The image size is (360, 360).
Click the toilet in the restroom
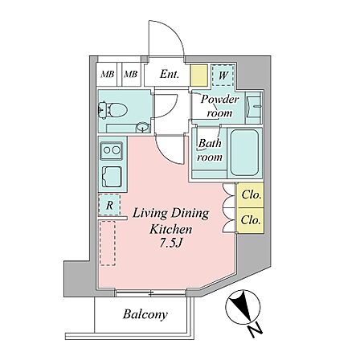pos(113,110)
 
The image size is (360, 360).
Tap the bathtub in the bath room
pos(245,153)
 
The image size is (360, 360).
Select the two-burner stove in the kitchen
pos(112,150)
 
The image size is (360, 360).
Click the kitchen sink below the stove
pos(112,177)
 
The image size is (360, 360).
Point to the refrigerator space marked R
pos(109,205)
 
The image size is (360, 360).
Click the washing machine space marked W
pos(223,76)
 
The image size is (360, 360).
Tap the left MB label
pos(108,74)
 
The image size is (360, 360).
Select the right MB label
pos(131,74)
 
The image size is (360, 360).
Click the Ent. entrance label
pos(170,74)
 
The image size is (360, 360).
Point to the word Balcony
pos(145,314)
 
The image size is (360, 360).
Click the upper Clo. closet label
pos(251,194)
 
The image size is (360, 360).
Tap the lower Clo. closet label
pos(251,220)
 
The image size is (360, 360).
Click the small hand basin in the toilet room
pos(142,127)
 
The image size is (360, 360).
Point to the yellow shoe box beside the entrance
pos(199,76)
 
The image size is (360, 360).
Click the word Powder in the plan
pos(219,100)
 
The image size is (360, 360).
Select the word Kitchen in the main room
pos(171,230)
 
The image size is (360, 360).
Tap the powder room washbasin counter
pos(253,108)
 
